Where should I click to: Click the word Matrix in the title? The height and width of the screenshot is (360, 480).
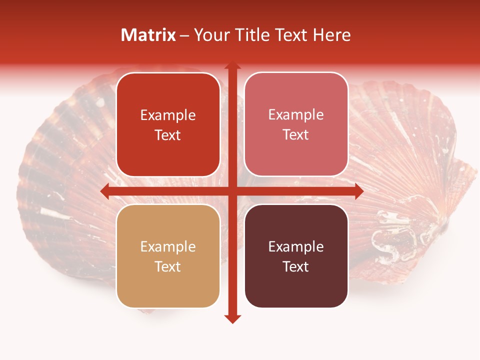(148, 35)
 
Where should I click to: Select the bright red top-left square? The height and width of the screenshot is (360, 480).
(168, 124)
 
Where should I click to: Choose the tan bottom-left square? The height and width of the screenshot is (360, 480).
(168, 256)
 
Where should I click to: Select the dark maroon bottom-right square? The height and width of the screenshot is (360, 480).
(296, 256)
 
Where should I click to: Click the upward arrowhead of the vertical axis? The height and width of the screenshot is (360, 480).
(232, 66)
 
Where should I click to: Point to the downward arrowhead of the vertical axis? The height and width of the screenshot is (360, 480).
(232, 318)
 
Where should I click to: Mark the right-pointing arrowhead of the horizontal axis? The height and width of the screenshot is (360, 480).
(358, 191)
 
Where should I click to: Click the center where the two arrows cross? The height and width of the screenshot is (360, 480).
(232, 191)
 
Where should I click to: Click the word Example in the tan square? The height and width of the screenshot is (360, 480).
(168, 246)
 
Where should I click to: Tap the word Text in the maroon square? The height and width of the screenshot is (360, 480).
(296, 266)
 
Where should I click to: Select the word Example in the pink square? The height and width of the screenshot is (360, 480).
(296, 114)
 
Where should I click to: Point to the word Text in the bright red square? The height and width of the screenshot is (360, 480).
(168, 135)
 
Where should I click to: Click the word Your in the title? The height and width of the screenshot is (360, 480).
(210, 35)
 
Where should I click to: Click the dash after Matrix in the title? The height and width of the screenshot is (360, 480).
(184, 35)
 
